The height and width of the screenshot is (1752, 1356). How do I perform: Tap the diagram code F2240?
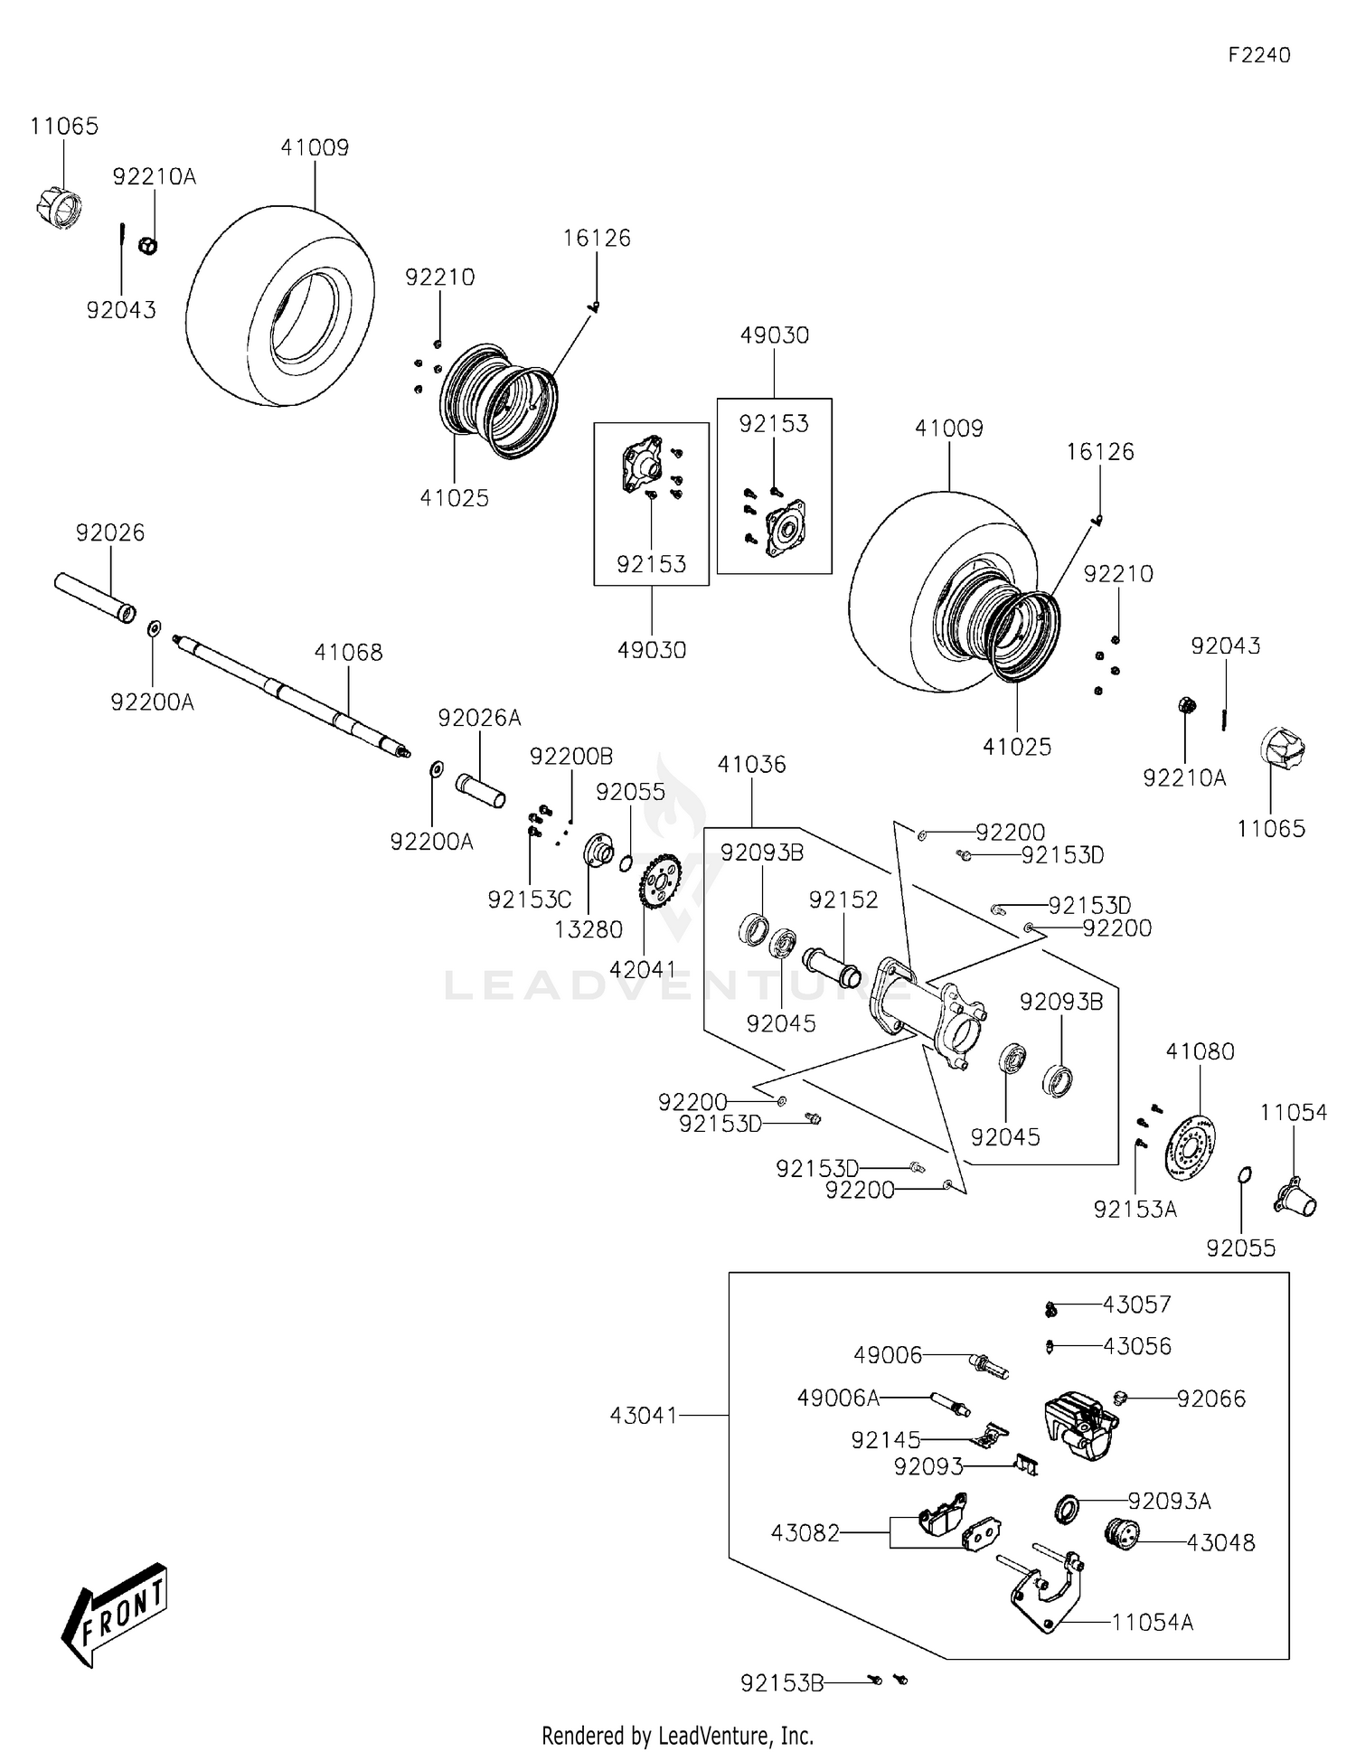1258,55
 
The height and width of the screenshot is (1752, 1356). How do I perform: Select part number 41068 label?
348,652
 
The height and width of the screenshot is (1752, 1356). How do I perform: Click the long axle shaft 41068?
289,697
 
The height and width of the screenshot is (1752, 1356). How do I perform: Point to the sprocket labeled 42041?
660,881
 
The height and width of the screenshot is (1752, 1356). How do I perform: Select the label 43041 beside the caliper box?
643,1415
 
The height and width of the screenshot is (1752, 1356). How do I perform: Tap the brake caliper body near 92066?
1078,1426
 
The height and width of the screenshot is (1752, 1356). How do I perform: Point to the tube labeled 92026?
94,598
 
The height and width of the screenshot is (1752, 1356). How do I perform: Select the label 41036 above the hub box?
751,765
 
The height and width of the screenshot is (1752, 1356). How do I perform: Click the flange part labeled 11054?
1295,1195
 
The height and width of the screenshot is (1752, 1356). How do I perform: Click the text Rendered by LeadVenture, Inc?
677,1735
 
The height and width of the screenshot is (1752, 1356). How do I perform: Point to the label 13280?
588,929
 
